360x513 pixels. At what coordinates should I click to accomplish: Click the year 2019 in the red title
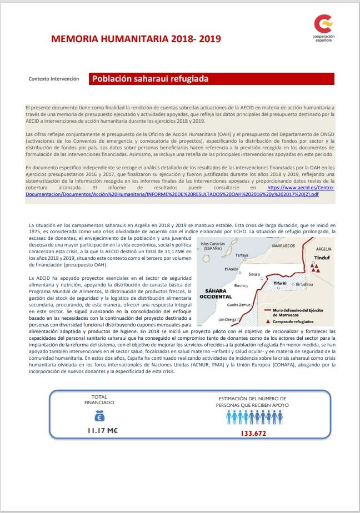tap(210, 39)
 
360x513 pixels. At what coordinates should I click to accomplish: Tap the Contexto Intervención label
tap(54, 79)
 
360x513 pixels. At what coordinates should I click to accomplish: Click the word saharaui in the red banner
tap(149, 79)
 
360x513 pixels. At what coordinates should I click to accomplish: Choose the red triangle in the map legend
tap(269, 321)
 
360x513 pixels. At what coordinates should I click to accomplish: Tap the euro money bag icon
tap(99, 417)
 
